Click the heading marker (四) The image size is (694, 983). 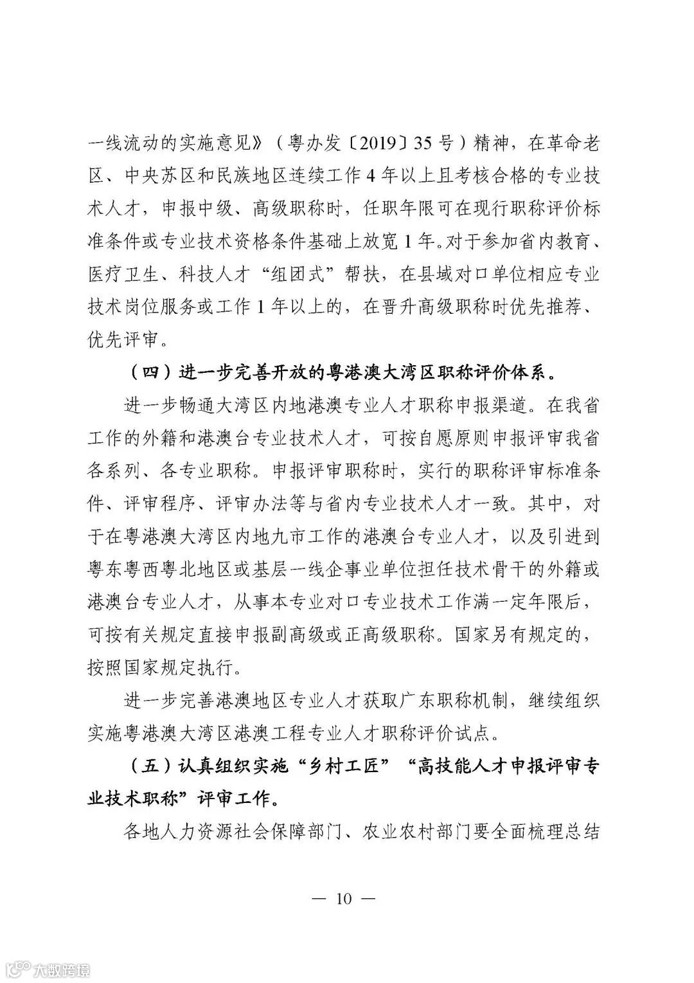(145, 373)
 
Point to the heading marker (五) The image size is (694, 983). (145, 766)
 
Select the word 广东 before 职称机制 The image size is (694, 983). (416, 699)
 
